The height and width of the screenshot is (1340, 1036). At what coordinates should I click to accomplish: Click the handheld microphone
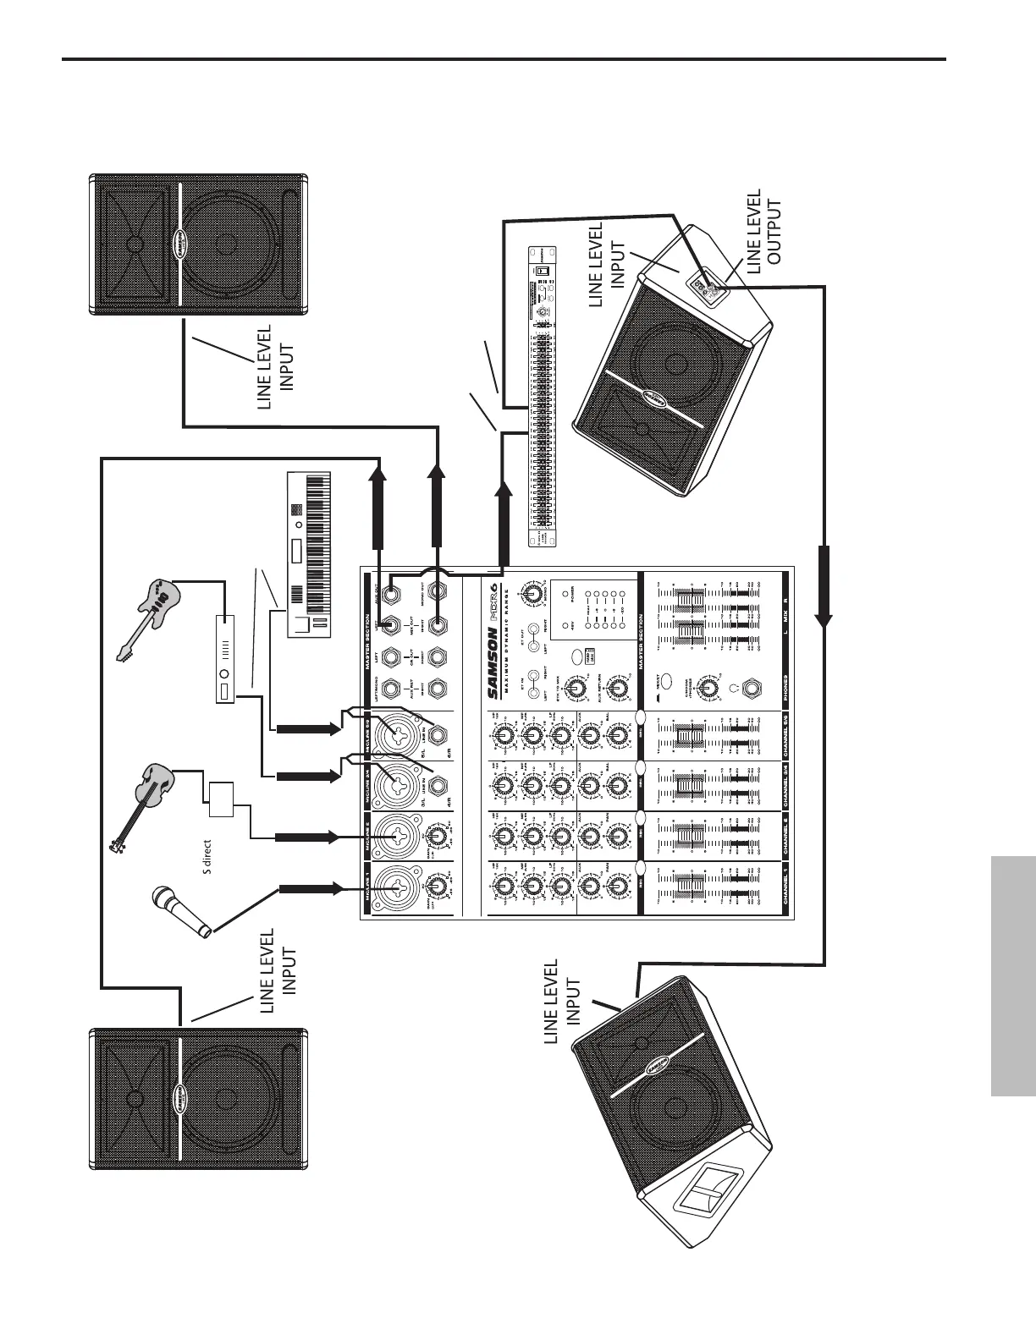pyautogui.click(x=180, y=913)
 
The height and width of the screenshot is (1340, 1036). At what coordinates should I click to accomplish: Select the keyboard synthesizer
pyautogui.click(x=307, y=554)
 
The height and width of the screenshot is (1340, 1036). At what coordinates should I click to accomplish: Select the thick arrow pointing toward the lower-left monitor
pyautogui.click(x=824, y=584)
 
